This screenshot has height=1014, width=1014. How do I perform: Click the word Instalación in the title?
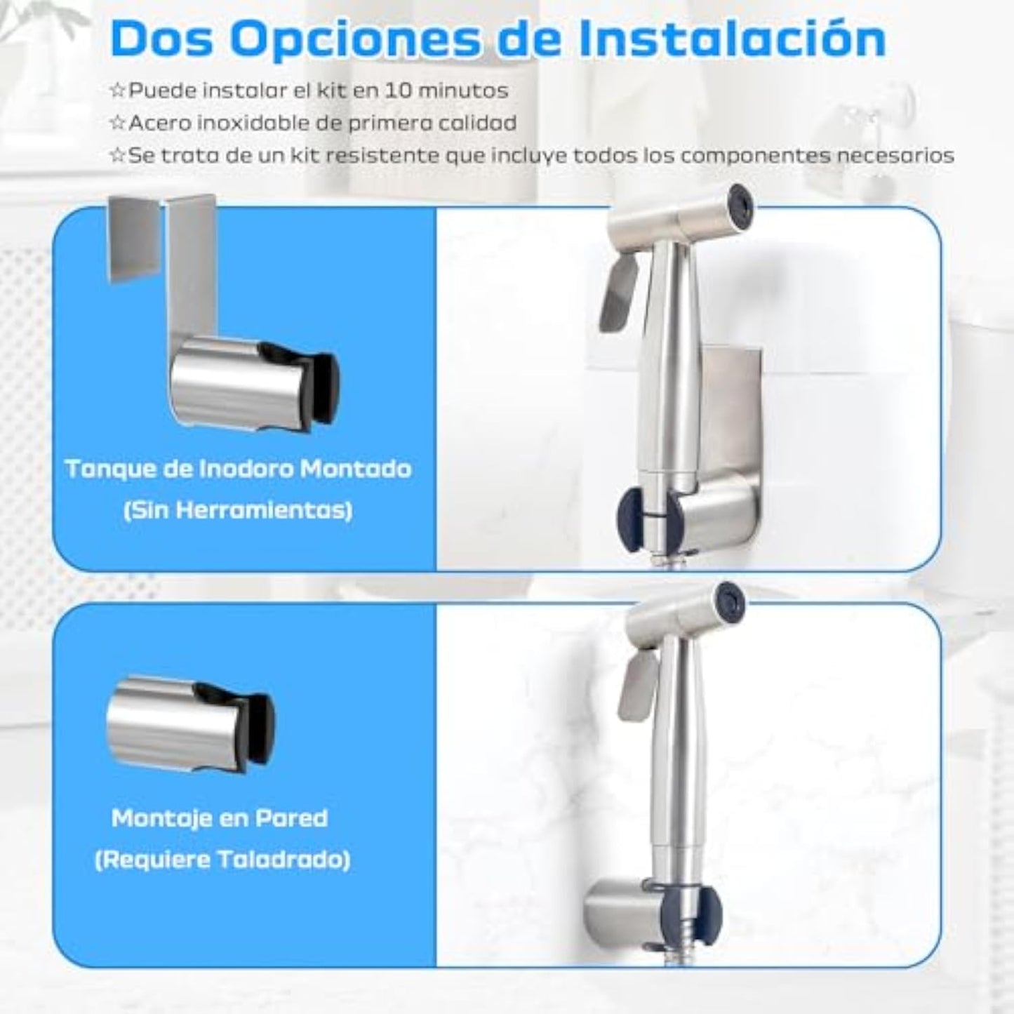732,40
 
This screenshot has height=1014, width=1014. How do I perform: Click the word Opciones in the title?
354,40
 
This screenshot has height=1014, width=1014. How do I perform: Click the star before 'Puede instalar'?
117,91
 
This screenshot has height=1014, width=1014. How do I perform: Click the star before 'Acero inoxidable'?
117,123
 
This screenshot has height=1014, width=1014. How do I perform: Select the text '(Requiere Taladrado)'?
222,860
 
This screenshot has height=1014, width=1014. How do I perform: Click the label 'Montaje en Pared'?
220,818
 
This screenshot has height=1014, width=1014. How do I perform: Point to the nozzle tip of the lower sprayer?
890,599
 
